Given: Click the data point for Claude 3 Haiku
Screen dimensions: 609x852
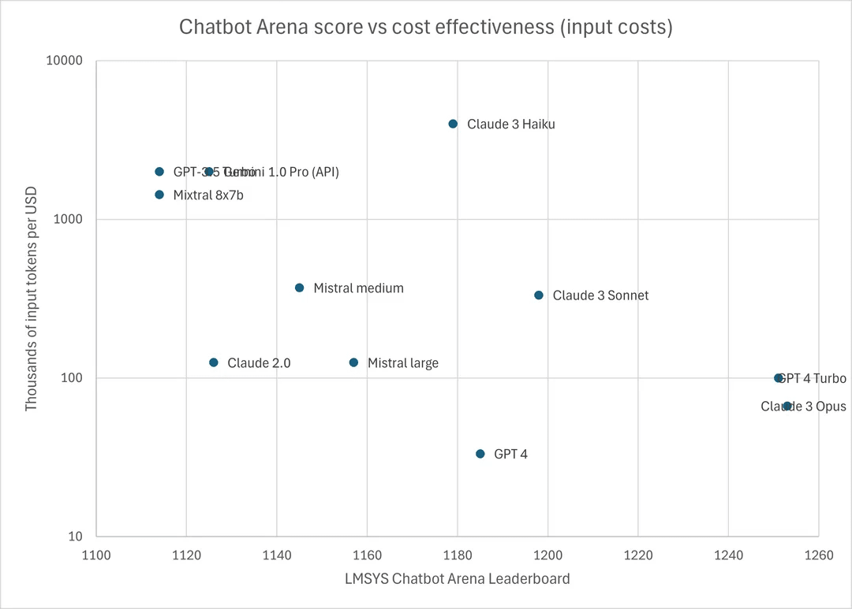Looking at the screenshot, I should tap(453, 124).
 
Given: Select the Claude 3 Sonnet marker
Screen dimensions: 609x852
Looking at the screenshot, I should tap(539, 295).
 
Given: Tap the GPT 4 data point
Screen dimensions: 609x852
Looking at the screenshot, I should tap(480, 454).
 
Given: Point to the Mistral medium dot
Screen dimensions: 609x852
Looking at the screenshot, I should tap(300, 288).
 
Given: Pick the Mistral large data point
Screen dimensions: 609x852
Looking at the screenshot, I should tap(353, 362).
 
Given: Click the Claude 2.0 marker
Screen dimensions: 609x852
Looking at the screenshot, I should tap(214, 362).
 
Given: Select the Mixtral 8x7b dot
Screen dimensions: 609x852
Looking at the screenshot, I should tap(159, 195).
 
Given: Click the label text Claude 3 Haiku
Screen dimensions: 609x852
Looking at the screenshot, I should tap(511, 124).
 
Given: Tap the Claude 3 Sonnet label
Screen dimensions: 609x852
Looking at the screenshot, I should tap(600, 296).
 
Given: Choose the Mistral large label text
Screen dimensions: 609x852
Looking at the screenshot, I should tap(403, 363).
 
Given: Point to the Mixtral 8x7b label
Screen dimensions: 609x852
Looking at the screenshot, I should tap(208, 195).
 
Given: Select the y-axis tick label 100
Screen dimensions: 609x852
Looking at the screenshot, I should tap(73, 378).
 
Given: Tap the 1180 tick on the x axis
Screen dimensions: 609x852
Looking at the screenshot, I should tap(457, 555).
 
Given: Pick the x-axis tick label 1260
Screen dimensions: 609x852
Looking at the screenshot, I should tap(818, 555).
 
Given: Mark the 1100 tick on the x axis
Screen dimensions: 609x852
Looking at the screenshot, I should tap(95, 555).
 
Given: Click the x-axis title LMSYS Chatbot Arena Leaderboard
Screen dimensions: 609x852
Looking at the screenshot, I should tap(457, 579).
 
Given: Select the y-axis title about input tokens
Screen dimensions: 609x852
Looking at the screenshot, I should tap(32, 298).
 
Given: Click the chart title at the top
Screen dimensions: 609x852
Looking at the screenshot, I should tap(426, 27).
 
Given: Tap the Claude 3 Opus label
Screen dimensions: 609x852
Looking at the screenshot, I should tap(803, 407).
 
